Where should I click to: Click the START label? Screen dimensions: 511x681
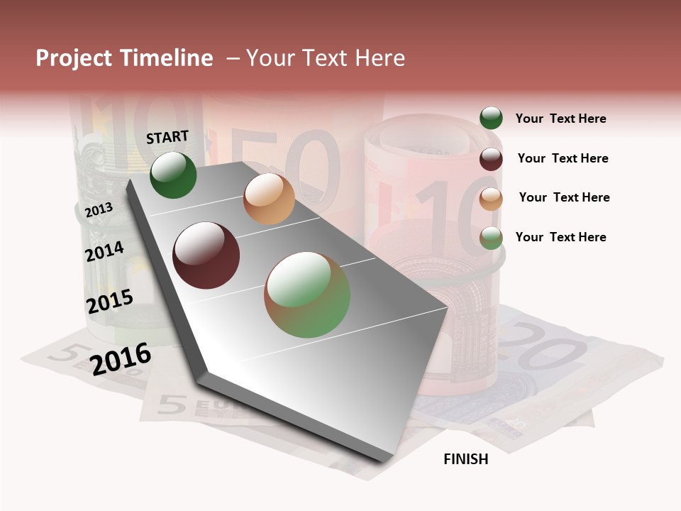pyautogui.click(x=167, y=137)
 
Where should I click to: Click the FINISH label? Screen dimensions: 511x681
pyautogui.click(x=465, y=459)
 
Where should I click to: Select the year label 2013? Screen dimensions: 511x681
pyautogui.click(x=99, y=209)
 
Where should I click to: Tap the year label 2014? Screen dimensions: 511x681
pyautogui.click(x=104, y=252)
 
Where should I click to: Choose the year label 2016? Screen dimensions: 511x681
pyautogui.click(x=121, y=358)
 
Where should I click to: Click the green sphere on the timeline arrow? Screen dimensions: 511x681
pyautogui.click(x=173, y=175)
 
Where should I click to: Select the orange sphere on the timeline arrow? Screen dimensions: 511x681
pyautogui.click(x=269, y=199)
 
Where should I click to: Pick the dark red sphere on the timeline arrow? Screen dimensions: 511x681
pyautogui.click(x=206, y=255)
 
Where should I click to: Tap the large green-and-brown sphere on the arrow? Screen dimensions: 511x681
pyautogui.click(x=307, y=295)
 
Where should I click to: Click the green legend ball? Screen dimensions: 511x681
pyautogui.click(x=491, y=119)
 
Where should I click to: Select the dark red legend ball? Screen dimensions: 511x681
pyautogui.click(x=491, y=159)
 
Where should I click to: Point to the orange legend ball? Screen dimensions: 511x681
pyautogui.click(x=491, y=199)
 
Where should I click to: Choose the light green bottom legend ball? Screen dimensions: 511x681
pyautogui.click(x=491, y=238)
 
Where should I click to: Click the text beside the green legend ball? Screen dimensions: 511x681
pyautogui.click(x=560, y=119)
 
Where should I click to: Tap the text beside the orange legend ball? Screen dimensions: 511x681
pyautogui.click(x=564, y=197)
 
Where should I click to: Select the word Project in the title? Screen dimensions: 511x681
pyautogui.click(x=74, y=58)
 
